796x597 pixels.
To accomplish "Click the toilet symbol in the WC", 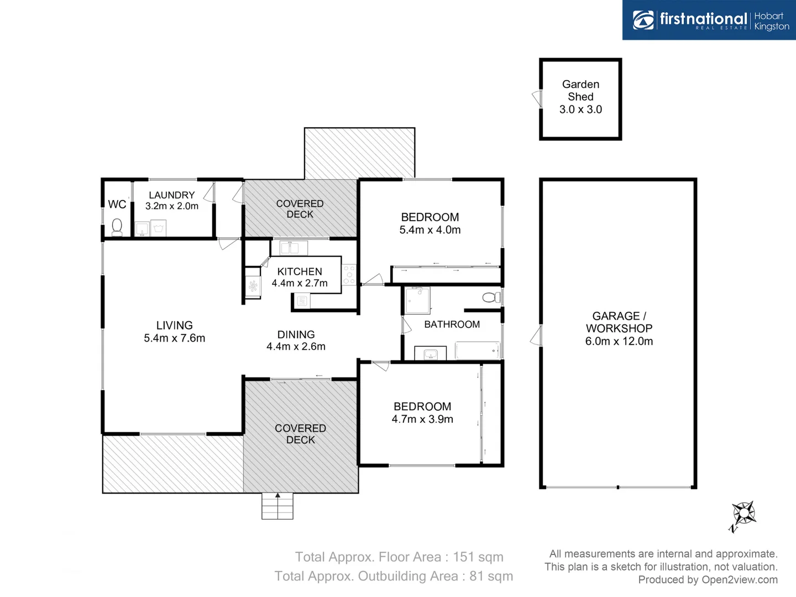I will pyautogui.click(x=117, y=227).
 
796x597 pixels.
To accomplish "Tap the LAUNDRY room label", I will pyautogui.click(x=171, y=195).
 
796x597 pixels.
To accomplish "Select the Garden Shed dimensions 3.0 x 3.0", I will pyautogui.click(x=580, y=109).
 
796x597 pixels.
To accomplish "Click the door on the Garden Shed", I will pyautogui.click(x=537, y=99).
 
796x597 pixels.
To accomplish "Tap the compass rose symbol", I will pyautogui.click(x=743, y=514).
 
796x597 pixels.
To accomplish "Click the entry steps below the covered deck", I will pyautogui.click(x=277, y=506).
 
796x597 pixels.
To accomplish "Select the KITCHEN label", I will pyautogui.click(x=300, y=271).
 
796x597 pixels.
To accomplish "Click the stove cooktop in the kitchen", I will pyautogui.click(x=349, y=275).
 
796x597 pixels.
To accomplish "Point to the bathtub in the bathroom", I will pyautogui.click(x=478, y=350).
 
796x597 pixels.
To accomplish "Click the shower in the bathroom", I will pyautogui.click(x=417, y=300).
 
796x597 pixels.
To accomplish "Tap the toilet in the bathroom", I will pyautogui.click(x=490, y=297).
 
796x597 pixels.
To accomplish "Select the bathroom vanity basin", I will pyautogui.click(x=431, y=354).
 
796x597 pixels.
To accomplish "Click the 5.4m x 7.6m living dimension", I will pyautogui.click(x=174, y=338).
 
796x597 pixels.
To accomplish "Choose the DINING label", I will pyautogui.click(x=296, y=334).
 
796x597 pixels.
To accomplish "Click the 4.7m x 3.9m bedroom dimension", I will pyautogui.click(x=422, y=419).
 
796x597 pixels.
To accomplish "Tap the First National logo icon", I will pyautogui.click(x=643, y=20).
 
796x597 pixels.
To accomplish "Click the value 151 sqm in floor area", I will pyautogui.click(x=478, y=557).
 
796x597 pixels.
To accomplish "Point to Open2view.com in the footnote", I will pyautogui.click(x=739, y=579).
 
